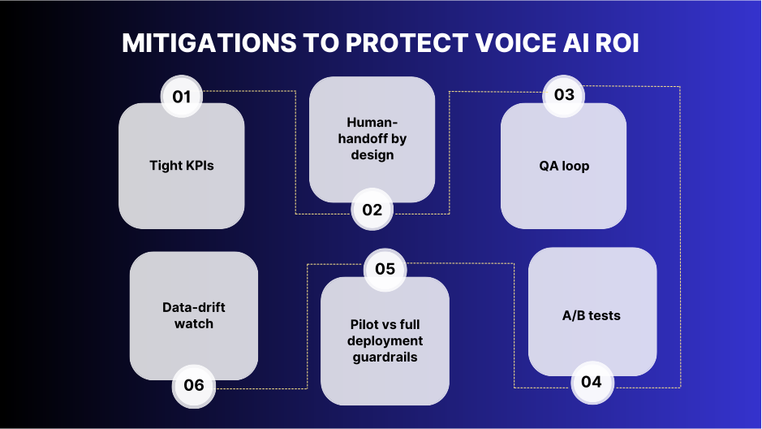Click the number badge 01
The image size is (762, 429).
(182, 97)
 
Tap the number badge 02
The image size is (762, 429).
(372, 210)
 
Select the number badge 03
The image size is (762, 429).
(564, 94)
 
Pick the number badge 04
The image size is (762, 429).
(592, 381)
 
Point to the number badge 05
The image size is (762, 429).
(385, 268)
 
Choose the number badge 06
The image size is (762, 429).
(194, 384)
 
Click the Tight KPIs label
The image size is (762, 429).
(182, 166)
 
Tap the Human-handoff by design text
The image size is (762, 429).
(372, 138)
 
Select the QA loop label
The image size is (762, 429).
(564, 166)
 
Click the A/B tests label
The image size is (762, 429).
(592, 315)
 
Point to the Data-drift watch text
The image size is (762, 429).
(194, 315)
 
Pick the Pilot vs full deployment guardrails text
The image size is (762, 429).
(385, 340)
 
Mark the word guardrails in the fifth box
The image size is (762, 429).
(385, 357)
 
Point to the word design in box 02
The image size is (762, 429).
(372, 154)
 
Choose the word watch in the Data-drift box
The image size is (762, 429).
(194, 323)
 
